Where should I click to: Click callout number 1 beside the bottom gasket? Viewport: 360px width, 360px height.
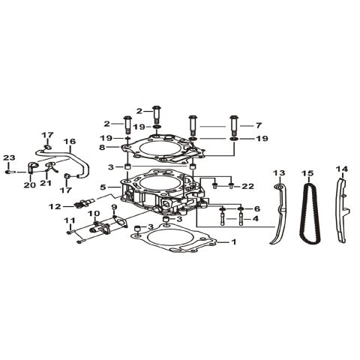pyautogui.click(x=233, y=242)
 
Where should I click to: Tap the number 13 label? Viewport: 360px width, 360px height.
pyautogui.click(x=279, y=173)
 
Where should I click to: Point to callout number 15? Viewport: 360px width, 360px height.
pyautogui.click(x=307, y=173)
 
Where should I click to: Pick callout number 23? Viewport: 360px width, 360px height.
pyautogui.click(x=9, y=157)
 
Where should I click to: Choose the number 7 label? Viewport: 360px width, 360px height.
pyautogui.click(x=259, y=125)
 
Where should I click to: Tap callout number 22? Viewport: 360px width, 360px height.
pyautogui.click(x=247, y=185)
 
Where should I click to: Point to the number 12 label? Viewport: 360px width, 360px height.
pyautogui.click(x=55, y=205)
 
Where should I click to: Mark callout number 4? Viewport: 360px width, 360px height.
pyautogui.click(x=256, y=219)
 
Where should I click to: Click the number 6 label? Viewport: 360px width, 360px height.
pyautogui.click(x=256, y=208)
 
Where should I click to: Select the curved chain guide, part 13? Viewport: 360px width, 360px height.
pyautogui.click(x=278, y=217)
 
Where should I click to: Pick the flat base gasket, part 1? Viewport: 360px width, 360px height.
pyautogui.click(x=176, y=244)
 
